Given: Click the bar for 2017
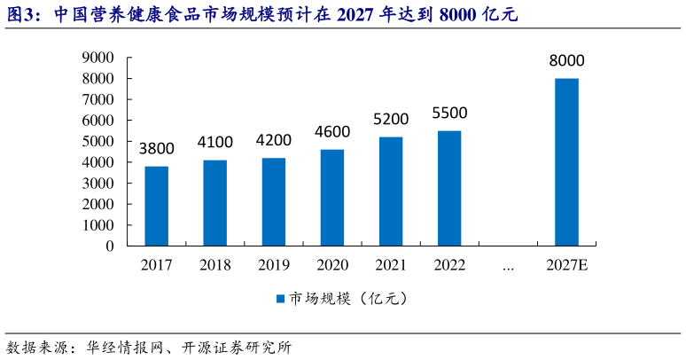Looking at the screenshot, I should pyautogui.click(x=156, y=206).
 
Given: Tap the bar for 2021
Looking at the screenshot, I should pyautogui.click(x=390, y=191).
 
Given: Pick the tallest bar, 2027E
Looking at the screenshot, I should pyautogui.click(x=566, y=161).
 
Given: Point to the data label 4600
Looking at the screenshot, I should pyautogui.click(x=332, y=132).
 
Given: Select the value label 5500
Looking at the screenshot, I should pyautogui.click(x=449, y=113).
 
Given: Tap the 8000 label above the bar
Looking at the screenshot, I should pyautogui.click(x=566, y=61).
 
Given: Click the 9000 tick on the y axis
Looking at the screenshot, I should pyautogui.click(x=97, y=58).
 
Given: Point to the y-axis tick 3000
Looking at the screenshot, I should pyautogui.click(x=97, y=184).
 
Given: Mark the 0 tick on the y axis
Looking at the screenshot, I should pyautogui.click(x=109, y=246).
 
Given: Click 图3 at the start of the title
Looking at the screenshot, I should pyautogui.click(x=21, y=14).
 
